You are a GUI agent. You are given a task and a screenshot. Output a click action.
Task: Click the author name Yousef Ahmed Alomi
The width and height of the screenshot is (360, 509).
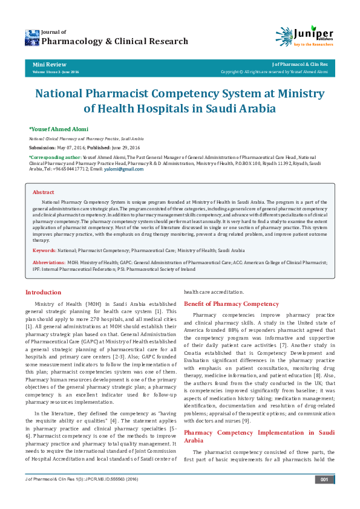point(59,129)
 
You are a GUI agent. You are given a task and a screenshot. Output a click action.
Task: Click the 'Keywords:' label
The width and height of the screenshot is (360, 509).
point(45,250)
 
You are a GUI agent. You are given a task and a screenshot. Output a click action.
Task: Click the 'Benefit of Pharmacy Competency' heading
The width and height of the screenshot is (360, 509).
point(223,303)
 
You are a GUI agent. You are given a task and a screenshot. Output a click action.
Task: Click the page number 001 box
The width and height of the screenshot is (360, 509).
point(324,497)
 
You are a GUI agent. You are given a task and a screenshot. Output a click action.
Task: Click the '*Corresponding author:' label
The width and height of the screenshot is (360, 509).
point(52,157)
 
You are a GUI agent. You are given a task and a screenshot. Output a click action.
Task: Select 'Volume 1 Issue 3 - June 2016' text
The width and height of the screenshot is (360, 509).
point(55,71)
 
